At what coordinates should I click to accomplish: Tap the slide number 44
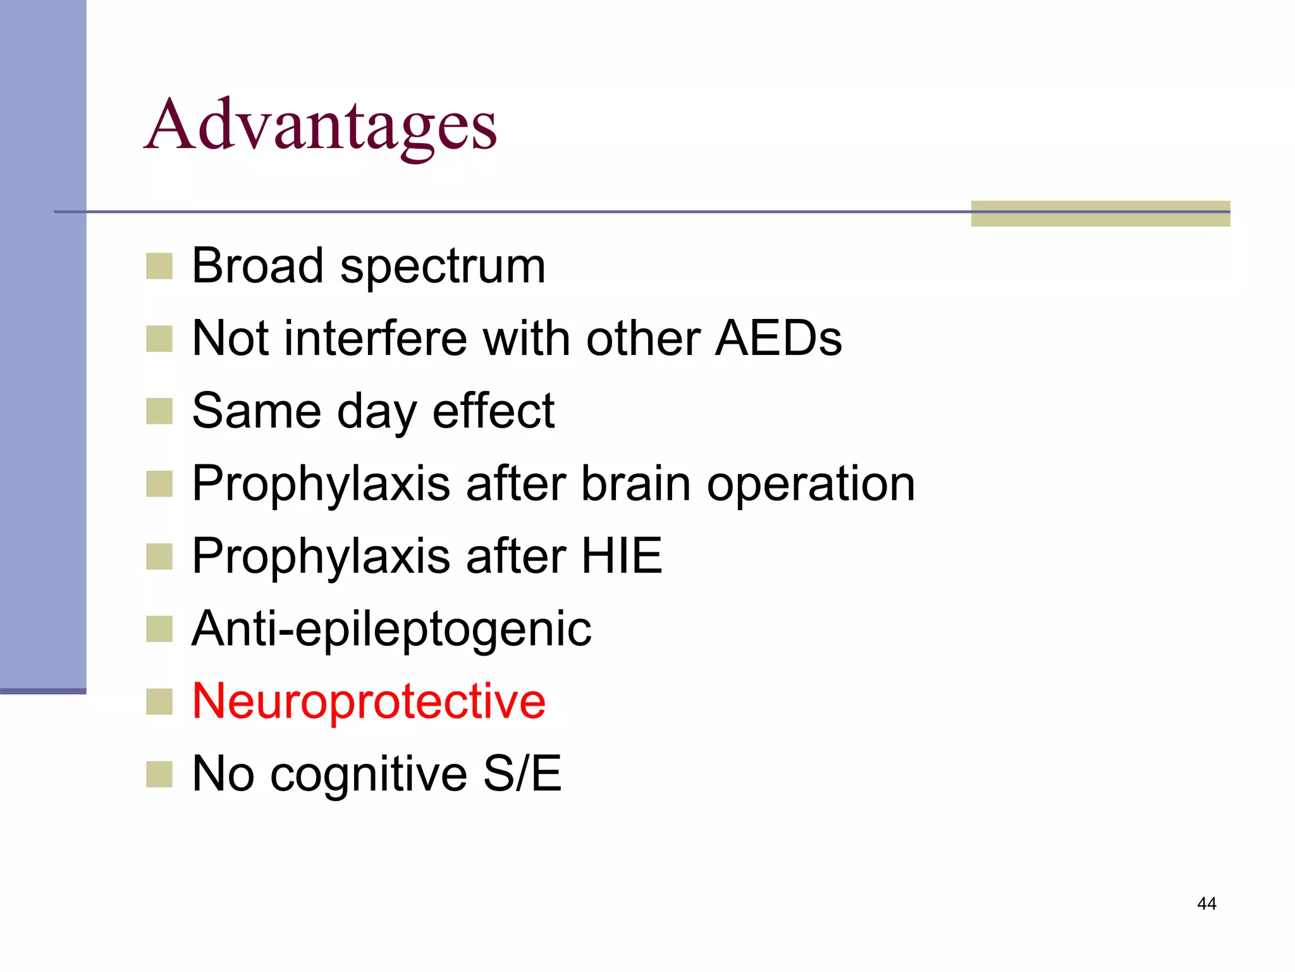tap(1206, 904)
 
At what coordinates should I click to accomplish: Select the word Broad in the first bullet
tap(258, 266)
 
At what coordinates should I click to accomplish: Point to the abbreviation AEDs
tap(778, 339)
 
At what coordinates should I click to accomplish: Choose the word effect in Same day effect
tap(493, 411)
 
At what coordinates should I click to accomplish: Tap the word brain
tap(635, 484)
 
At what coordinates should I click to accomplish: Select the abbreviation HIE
tap(622, 556)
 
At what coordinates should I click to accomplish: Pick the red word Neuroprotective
tap(369, 702)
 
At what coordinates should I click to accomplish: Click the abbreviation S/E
tap(522, 773)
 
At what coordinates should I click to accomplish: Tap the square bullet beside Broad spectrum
tap(159, 266)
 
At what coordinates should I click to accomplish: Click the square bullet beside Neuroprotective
tap(159, 702)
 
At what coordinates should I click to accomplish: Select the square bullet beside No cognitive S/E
tap(159, 774)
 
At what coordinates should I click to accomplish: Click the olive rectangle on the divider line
tap(1100, 213)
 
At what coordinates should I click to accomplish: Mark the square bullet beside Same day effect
tap(159, 411)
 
